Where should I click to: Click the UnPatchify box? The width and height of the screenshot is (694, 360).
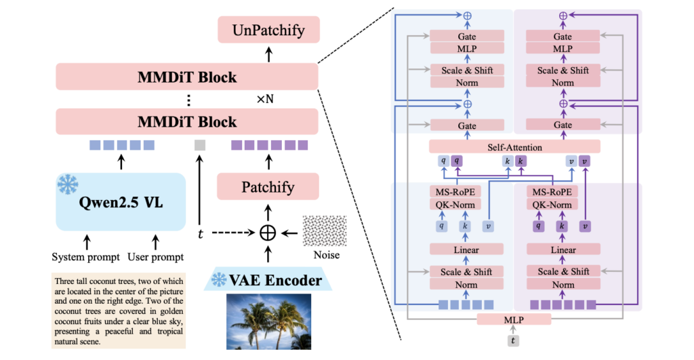[x=268, y=31]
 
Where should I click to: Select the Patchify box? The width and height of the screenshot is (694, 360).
[x=268, y=187]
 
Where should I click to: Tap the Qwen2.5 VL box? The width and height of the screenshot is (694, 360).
[x=121, y=201]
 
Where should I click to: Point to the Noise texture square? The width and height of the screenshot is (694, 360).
[x=325, y=231]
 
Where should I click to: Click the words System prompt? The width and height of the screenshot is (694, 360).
[x=86, y=257]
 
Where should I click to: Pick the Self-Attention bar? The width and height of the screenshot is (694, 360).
[x=514, y=146]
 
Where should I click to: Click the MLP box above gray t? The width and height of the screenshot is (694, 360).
[x=514, y=319]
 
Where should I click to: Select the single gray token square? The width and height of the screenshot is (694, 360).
[x=200, y=144]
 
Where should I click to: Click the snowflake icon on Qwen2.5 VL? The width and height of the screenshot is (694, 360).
[x=68, y=184]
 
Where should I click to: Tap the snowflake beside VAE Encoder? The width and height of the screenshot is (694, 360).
[x=220, y=279]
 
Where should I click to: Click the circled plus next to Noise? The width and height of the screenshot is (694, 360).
[x=269, y=232]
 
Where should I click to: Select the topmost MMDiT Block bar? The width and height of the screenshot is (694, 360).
[x=186, y=77]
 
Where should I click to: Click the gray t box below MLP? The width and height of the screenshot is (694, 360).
[x=514, y=341]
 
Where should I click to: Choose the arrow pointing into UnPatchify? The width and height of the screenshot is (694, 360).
[x=268, y=52]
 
